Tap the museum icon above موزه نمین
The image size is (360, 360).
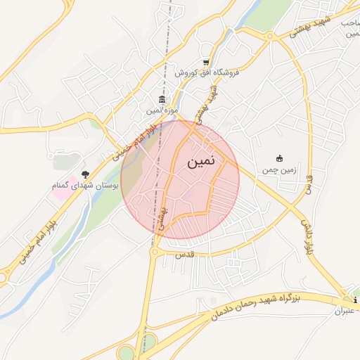click(162, 101)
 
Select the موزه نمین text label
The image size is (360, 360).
click(162, 110)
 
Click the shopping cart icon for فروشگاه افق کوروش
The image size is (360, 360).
click(205, 62)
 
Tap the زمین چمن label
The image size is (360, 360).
click(279, 169)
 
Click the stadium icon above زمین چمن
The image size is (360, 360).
click(279, 158)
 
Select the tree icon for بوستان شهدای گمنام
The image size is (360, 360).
click(86, 174)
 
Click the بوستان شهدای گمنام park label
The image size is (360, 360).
click(86, 185)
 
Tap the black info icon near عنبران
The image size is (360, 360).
click(356, 301)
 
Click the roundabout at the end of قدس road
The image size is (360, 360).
click(154, 251)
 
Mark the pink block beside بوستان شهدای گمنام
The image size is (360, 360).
click(60, 191)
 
